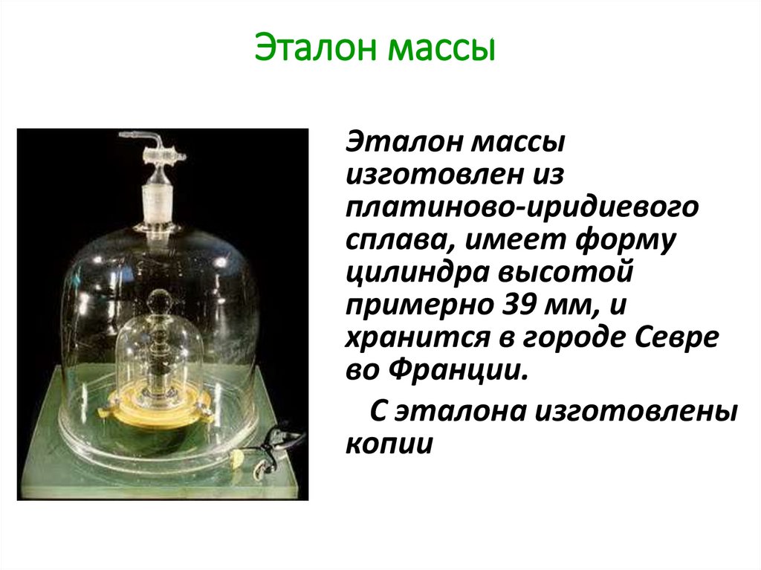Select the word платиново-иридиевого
point(521,208)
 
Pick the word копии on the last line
point(388,444)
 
